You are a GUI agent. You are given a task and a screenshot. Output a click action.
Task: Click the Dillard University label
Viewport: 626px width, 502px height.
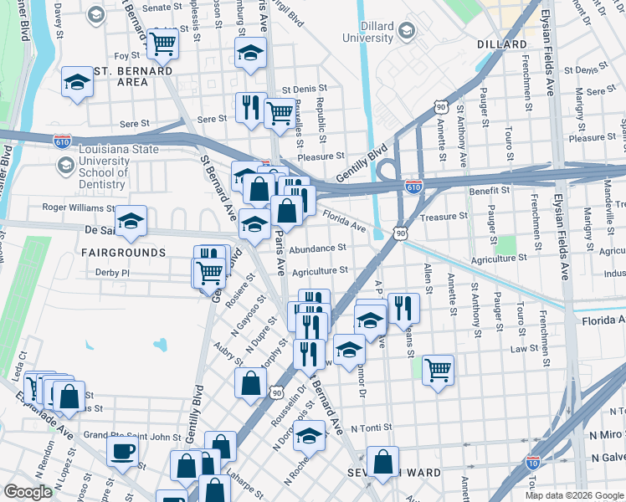tap(368, 32)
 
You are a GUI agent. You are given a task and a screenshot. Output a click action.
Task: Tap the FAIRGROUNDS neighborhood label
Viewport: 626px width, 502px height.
tap(124, 252)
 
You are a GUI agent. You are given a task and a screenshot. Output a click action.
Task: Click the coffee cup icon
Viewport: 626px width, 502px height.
tap(123, 452)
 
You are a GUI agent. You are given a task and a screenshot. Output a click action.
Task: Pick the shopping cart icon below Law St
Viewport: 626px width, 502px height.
tap(438, 368)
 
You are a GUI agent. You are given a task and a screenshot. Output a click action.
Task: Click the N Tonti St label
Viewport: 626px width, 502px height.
tap(372, 428)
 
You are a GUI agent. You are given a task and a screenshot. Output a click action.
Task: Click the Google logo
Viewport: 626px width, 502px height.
tap(28, 492)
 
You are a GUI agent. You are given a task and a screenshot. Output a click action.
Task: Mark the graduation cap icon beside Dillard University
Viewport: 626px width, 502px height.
tap(407, 32)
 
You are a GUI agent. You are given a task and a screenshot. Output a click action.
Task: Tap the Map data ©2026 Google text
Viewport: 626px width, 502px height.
tap(574, 495)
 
